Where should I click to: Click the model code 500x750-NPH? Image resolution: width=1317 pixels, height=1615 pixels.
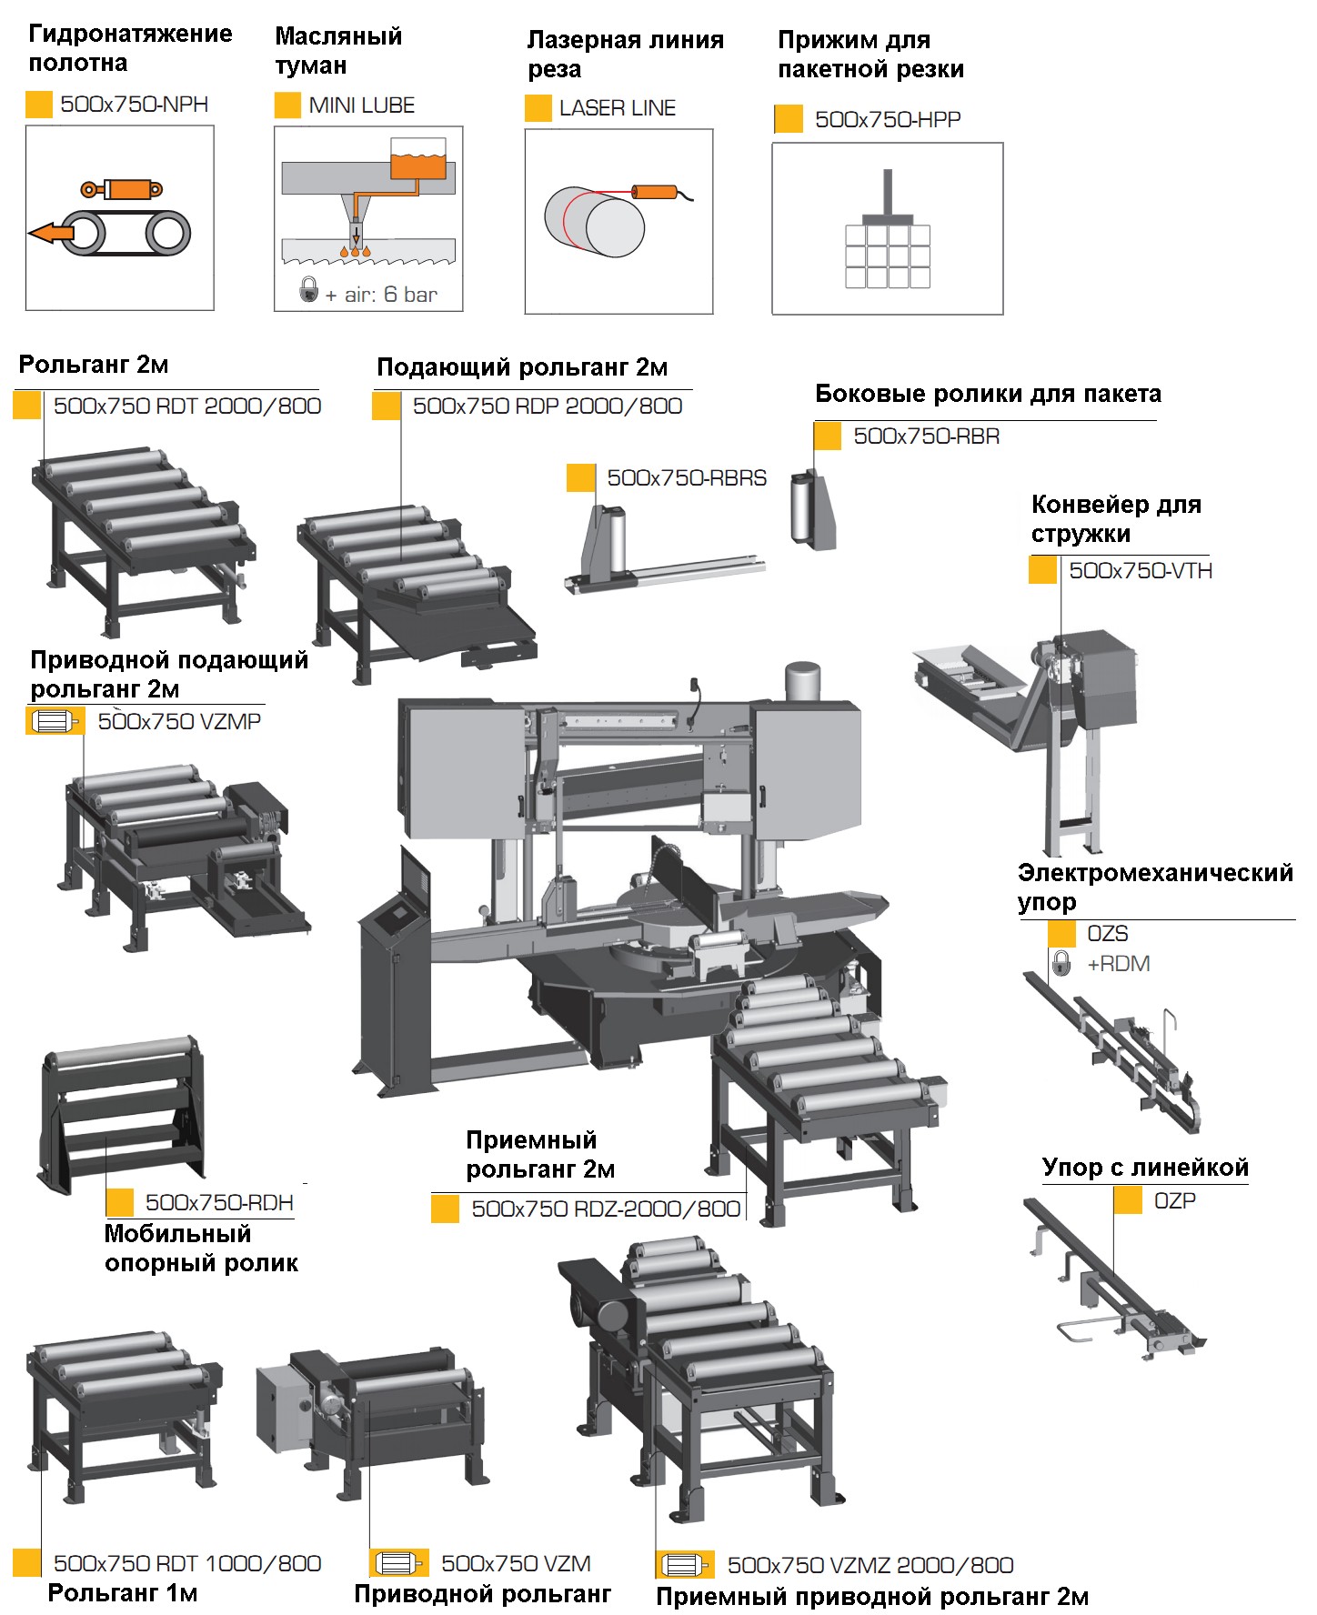(134, 105)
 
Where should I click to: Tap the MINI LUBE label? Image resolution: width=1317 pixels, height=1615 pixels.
(361, 105)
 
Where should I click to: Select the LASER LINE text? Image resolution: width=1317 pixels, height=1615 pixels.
(617, 108)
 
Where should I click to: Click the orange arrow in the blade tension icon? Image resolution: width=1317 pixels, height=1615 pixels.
(51, 233)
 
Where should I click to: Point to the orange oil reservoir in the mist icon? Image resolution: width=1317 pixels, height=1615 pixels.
(417, 166)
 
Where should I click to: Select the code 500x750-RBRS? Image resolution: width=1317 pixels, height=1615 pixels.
(686, 478)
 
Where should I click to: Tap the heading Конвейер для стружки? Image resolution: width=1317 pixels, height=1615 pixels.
(1115, 519)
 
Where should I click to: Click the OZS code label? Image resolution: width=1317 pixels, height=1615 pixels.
(1107, 934)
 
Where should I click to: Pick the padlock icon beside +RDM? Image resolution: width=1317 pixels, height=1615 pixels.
(1061, 963)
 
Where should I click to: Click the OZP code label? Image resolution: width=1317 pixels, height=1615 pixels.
(1174, 1200)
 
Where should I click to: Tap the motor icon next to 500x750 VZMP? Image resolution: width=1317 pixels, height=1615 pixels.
(55, 721)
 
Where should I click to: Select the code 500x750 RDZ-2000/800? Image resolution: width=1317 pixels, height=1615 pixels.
(605, 1209)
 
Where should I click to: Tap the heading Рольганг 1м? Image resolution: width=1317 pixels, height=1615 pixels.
(122, 1593)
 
